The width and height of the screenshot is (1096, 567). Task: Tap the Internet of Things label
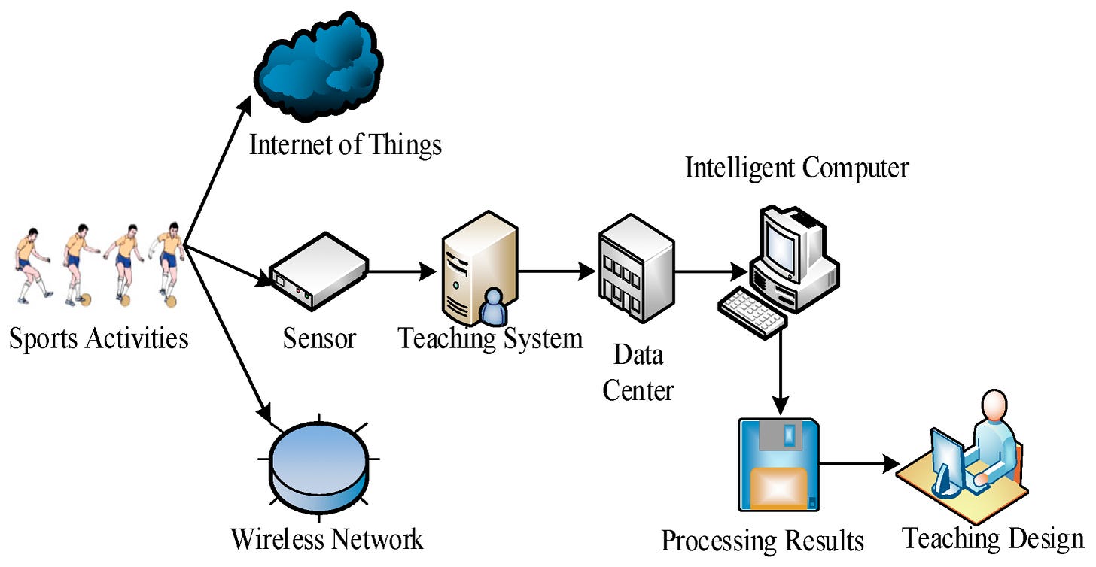tap(346, 144)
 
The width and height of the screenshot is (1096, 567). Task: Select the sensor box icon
tap(318, 271)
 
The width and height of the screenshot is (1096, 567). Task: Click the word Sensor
tap(319, 338)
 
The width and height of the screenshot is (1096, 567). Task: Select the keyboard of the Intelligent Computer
tap(752, 309)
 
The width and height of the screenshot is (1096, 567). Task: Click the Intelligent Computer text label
tap(796, 168)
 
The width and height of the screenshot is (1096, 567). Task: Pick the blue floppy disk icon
tap(778, 465)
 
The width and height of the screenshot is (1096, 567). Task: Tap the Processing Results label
tap(762, 541)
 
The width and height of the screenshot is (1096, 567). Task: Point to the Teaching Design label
tap(993, 538)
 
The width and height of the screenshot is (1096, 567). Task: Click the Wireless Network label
tap(327, 539)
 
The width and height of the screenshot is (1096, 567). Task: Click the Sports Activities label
tap(99, 338)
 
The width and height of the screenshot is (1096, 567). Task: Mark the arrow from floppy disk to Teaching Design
tap(858, 464)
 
